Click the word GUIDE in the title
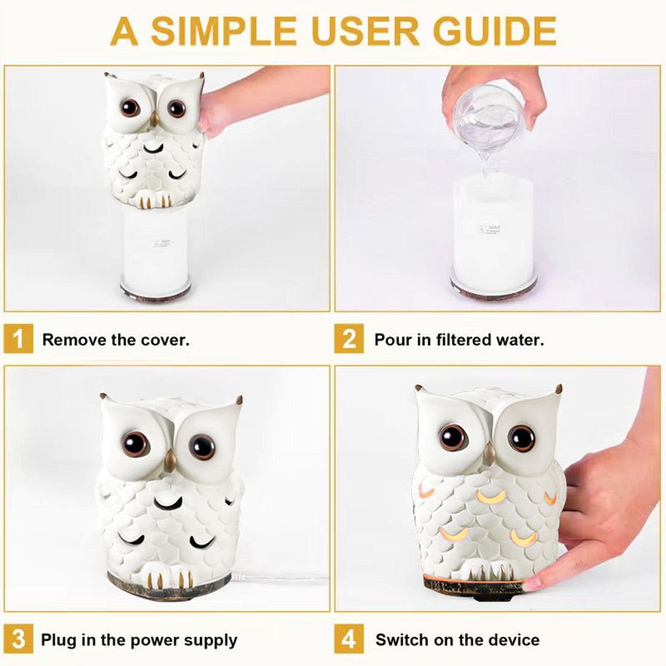pyautogui.click(x=495, y=31)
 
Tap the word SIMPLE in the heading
pyautogui.click(x=223, y=31)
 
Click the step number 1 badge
pyautogui.click(x=18, y=338)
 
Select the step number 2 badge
pyautogui.click(x=349, y=338)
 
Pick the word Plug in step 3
pyautogui.click(x=59, y=641)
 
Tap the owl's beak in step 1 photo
pyautogui.click(x=154, y=119)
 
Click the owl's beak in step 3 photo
pyautogui.click(x=171, y=461)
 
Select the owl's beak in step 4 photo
pyautogui.click(x=489, y=453)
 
